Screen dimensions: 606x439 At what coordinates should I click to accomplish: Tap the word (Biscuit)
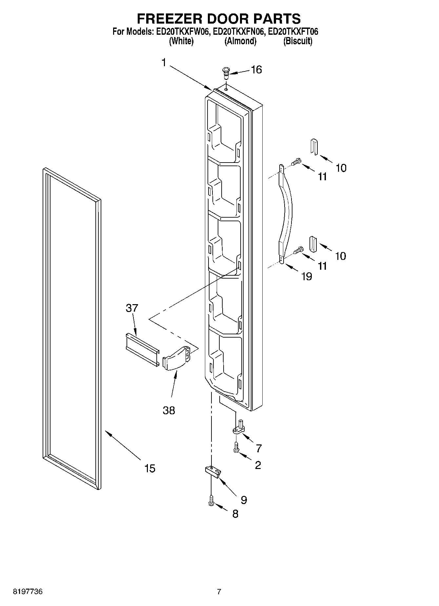pyautogui.click(x=298, y=41)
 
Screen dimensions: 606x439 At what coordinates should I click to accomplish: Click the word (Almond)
pyautogui.click(x=240, y=41)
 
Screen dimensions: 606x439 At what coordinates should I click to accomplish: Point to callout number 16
pyautogui.click(x=256, y=69)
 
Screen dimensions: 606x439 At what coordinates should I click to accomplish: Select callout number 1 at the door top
pyautogui.click(x=164, y=62)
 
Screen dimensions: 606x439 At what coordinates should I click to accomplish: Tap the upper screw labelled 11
pyautogui.click(x=297, y=162)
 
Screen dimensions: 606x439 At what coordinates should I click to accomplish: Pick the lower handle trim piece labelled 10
pyautogui.click(x=313, y=244)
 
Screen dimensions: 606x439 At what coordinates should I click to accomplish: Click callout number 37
pyautogui.click(x=132, y=308)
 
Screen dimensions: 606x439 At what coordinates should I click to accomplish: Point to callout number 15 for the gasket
pyautogui.click(x=150, y=468)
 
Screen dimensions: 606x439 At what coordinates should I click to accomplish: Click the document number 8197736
pyautogui.click(x=28, y=592)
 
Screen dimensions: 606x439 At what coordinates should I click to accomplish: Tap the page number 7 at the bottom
pyautogui.click(x=219, y=592)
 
